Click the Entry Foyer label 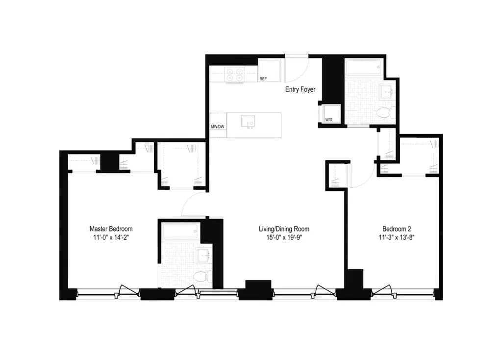pos(301,90)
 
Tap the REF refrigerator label pos(263,79)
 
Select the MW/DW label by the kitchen pos(217,127)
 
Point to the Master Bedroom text pos(111,229)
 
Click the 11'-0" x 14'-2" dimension pos(111,237)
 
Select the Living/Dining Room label pos(284,229)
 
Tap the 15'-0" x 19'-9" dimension pos(284,237)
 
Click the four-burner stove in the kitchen pos(234,74)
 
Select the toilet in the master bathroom pos(200,277)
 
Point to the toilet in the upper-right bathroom pos(385,113)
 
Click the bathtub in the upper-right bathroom pos(364,67)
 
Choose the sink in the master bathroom pos(202,256)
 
